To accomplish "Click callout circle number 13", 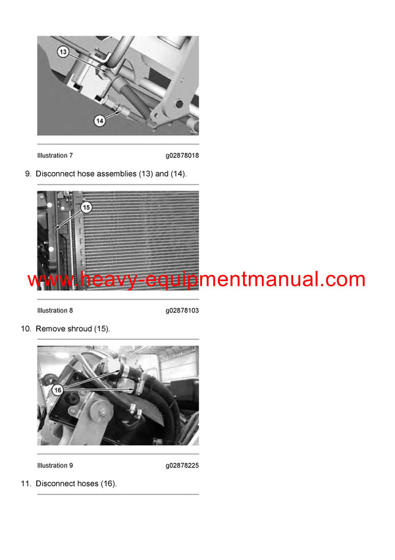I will (63, 51).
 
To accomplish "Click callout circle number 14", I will (99, 121).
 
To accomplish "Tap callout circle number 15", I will (86, 207).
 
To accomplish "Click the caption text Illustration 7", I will (55, 156).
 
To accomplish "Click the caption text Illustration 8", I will (55, 311).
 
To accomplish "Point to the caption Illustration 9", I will (55, 466).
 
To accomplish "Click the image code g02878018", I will (182, 156).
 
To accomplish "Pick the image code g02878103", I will (182, 311).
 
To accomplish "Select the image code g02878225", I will (182, 466).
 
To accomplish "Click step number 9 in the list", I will (28, 174).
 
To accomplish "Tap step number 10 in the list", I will (26, 328).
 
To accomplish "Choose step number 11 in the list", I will (26, 483).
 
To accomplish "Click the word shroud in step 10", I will (80, 328).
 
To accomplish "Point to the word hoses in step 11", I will (88, 483).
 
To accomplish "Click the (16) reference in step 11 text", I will (109, 483).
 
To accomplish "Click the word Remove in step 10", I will (50, 328).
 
